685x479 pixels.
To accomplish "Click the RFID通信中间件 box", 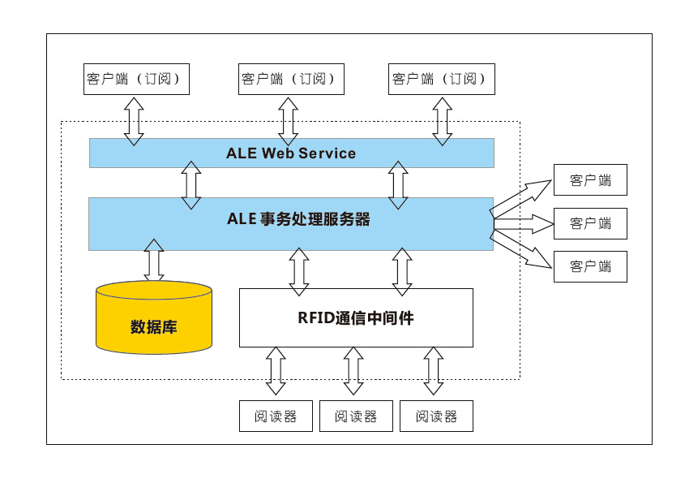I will pos(355,317).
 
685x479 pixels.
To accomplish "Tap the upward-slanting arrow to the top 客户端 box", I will pos(523,195).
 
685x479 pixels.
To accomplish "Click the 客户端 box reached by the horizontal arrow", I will pos(590,223).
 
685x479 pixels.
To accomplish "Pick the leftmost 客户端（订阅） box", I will pos(137,79).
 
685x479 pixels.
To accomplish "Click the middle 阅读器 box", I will pos(356,416).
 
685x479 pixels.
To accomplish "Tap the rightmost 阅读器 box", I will pos(436,416).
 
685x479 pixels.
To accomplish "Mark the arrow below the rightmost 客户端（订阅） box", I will pos(442,120).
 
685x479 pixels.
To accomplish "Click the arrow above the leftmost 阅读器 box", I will pos(276,371).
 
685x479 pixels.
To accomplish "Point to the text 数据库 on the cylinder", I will pos(154,328).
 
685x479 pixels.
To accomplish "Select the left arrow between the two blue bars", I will pos(191,184).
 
